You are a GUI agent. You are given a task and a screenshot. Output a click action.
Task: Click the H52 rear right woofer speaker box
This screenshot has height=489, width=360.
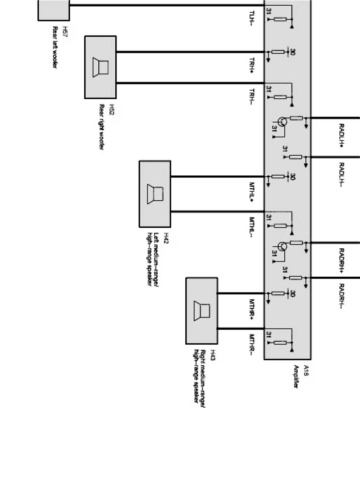pos(100,67)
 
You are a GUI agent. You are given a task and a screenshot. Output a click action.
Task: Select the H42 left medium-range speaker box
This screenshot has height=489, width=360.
pos(155,194)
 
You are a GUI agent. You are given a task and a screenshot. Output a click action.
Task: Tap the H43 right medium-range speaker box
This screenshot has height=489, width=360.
pos(201,311)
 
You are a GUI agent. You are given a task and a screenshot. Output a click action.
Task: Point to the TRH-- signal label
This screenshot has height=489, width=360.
pos(252,97)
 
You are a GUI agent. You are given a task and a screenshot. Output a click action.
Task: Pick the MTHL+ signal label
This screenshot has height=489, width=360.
pos(252,191)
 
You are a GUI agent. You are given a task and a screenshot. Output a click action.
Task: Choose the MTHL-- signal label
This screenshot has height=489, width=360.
pos(252,227)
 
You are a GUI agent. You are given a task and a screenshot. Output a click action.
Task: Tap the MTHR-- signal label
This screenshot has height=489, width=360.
pos(252,343)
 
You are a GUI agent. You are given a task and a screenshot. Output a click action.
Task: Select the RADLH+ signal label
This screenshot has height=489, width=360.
pos(341,135)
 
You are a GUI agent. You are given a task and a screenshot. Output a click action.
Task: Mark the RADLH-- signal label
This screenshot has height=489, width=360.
pos(341,174)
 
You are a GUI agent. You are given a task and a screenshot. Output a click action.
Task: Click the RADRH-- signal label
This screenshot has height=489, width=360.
pos(341,296)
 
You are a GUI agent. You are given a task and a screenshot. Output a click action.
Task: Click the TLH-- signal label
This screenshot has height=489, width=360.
pos(252,18)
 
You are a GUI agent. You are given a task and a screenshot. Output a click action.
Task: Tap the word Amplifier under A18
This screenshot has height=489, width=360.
pos(296,377)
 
